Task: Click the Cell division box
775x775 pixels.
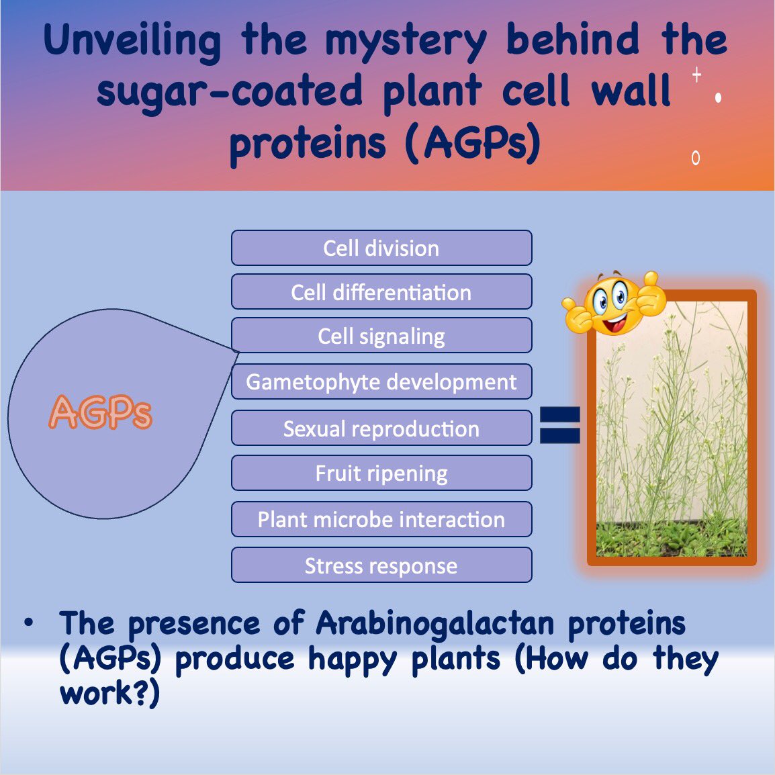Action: pyautogui.click(x=381, y=248)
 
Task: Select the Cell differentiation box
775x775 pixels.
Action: pyautogui.click(x=381, y=292)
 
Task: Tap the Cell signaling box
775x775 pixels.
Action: pyautogui.click(x=381, y=336)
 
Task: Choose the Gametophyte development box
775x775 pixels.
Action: pyautogui.click(x=381, y=381)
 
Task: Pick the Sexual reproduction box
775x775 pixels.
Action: pyautogui.click(x=381, y=428)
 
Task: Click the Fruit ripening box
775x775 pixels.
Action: pyautogui.click(x=381, y=473)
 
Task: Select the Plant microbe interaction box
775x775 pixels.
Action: pyautogui.click(x=381, y=519)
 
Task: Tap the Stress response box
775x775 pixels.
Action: pyautogui.click(x=381, y=565)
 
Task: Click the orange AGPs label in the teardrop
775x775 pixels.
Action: pyautogui.click(x=101, y=412)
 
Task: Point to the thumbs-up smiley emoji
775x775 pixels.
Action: pyautogui.click(x=614, y=304)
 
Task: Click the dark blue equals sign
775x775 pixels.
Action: pyautogui.click(x=560, y=426)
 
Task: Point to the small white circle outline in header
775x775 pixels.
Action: pyautogui.click(x=696, y=158)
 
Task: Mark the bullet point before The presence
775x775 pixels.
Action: pyautogui.click(x=28, y=623)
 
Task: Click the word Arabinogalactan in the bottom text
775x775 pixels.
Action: pyautogui.click(x=435, y=623)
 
